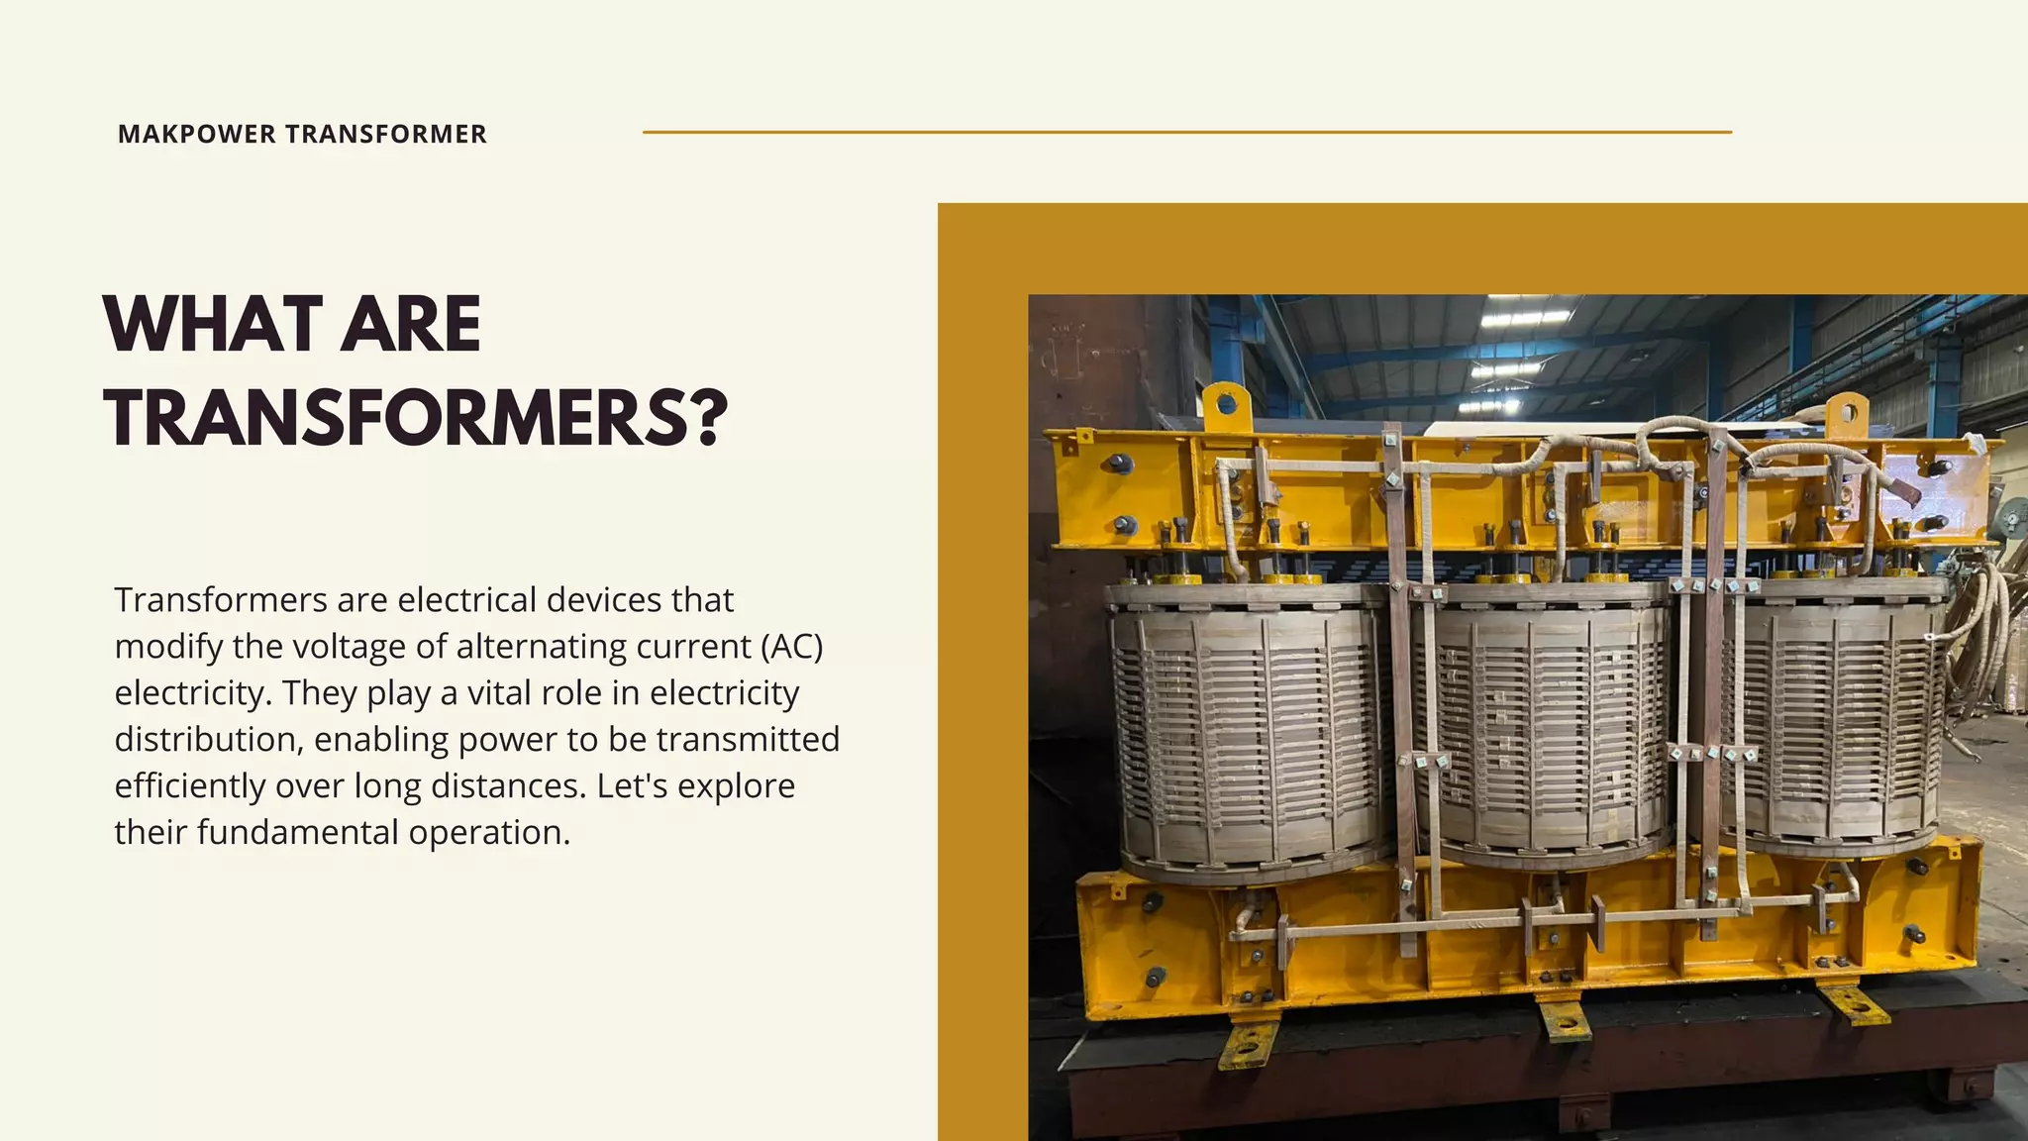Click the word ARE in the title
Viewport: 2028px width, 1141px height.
tap(410, 325)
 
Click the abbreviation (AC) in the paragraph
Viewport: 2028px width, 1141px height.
tap(792, 647)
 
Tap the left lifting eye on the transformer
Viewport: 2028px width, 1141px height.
tap(1227, 404)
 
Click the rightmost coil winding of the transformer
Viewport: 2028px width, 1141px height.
tap(1832, 713)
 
